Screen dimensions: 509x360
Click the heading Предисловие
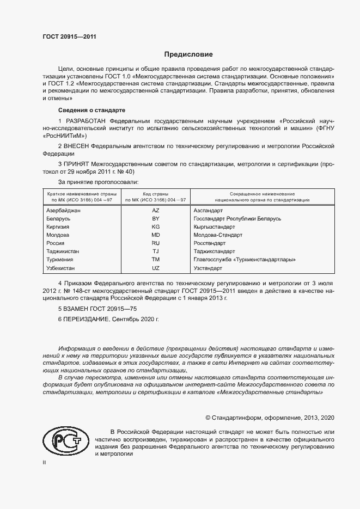(x=188, y=54)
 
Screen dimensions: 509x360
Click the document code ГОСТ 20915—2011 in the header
(x=69, y=37)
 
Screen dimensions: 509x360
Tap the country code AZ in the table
(x=155, y=210)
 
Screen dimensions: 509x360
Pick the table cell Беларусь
(x=59, y=218)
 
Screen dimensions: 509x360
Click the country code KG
(x=155, y=226)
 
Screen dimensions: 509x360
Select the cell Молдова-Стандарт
(x=218, y=235)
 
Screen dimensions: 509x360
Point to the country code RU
(x=155, y=243)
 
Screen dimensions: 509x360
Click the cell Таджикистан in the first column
(x=63, y=252)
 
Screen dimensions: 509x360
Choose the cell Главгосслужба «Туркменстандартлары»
(x=245, y=260)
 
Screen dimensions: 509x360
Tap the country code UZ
(x=155, y=268)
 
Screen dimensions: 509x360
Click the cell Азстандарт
(x=209, y=210)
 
